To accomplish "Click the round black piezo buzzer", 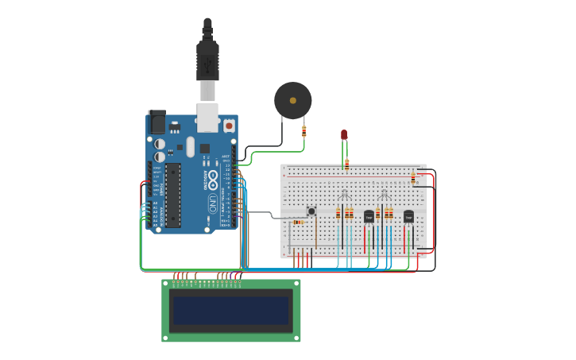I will pos(292,100).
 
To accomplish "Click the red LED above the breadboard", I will pos(344,134).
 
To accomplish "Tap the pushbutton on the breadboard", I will pos(311,211).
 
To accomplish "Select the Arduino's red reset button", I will pos(229,125).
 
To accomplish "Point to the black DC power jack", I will pos(157,122).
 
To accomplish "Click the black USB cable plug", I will pos(207,60).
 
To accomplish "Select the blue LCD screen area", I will pos(231,310).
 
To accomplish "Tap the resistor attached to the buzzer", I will pos(303,131).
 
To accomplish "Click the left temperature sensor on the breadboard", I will pos(369,216).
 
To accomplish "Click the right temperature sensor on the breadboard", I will pos(408,216).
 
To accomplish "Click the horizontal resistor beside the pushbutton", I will pos(298,222).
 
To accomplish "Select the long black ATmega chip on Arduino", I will pos(172,195).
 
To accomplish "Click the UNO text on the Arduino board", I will pos(213,203).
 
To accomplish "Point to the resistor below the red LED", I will pos(346,165).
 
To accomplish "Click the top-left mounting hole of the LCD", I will pos(166,284).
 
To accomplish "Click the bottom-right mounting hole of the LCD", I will pos(296,338).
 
